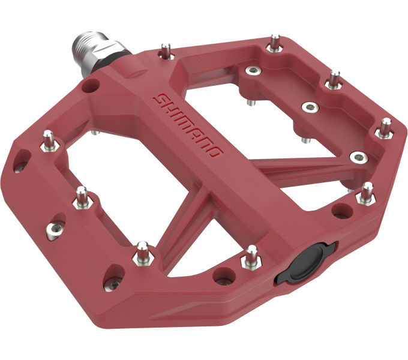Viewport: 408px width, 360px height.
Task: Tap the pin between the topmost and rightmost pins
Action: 333,79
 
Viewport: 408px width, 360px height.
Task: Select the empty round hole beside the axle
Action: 91,86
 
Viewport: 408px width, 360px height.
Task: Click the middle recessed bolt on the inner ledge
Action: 310,107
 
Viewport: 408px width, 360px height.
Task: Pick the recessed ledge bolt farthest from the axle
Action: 358,157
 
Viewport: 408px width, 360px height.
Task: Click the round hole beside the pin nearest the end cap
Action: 224,277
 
